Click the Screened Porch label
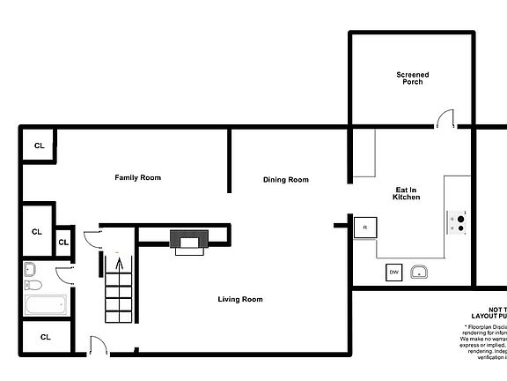pyautogui.click(x=412, y=78)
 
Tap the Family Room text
pyautogui.click(x=138, y=177)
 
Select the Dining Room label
pyautogui.click(x=286, y=180)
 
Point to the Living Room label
pyautogui.click(x=240, y=300)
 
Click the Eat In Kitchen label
pyautogui.click(x=406, y=193)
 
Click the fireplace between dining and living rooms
pyautogui.click(x=189, y=241)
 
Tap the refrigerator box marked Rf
pyautogui.click(x=364, y=228)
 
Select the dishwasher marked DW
pyautogui.click(x=393, y=273)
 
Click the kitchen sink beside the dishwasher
pyautogui.click(x=422, y=272)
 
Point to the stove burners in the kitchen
pyautogui.click(x=458, y=222)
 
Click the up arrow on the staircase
pyautogui.click(x=118, y=262)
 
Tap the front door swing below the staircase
pyautogui.click(x=99, y=346)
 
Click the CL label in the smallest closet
pyautogui.click(x=63, y=242)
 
